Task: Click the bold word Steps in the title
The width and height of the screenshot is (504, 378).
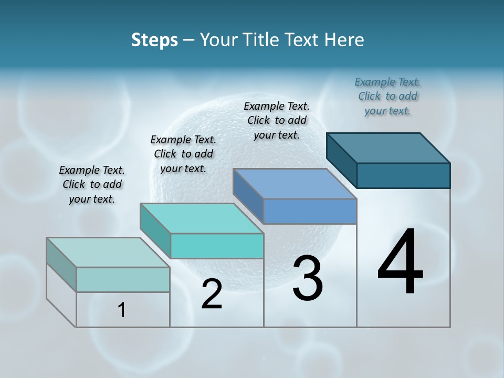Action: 154,40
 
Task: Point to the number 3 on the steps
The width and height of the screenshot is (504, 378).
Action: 308,278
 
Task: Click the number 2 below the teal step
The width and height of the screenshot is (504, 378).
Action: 212,294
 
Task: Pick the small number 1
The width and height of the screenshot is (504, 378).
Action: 121,310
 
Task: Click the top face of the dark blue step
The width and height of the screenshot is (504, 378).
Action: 388,148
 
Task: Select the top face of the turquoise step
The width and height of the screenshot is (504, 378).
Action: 202,218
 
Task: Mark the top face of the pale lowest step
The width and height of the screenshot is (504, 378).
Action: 108,253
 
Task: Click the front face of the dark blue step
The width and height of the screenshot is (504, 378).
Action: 403,175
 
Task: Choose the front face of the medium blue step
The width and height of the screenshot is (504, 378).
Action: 310,212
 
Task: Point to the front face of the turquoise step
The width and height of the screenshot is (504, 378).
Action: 217,246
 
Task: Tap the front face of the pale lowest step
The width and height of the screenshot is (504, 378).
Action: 123,279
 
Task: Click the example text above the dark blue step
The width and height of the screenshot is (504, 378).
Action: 387,96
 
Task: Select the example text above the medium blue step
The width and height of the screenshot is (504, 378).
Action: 277,120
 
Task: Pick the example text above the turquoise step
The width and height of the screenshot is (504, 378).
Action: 183,154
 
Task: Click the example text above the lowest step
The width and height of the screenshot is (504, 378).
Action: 92,184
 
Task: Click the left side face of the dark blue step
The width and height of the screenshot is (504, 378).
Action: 342,160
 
